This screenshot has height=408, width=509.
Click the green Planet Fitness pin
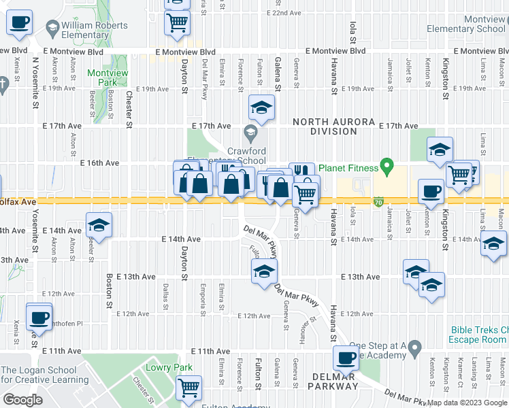pos(387,165)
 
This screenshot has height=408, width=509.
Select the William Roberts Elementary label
pos(95,31)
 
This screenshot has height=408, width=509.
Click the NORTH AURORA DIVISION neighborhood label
pos(333,126)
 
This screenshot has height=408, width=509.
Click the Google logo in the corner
pos(22,399)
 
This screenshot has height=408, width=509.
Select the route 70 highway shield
pos(378,202)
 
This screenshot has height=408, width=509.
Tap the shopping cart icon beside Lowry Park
pos(188,388)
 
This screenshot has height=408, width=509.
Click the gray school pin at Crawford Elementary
pos(250,131)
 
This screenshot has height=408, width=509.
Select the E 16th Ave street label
pos(99,163)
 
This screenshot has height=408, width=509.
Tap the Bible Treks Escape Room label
pos(479,335)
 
